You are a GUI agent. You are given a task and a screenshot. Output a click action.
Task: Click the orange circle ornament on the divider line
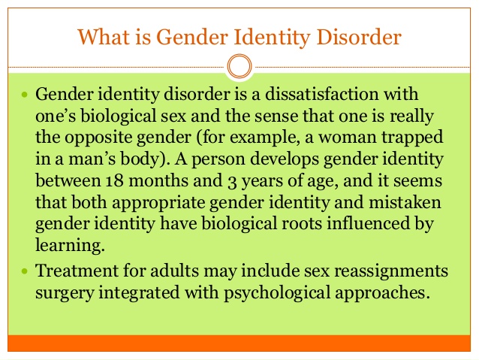pyautogui.click(x=239, y=66)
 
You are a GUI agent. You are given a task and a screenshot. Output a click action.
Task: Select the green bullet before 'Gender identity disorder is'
pyautogui.click(x=25, y=94)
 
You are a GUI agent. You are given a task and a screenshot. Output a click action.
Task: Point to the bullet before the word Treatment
pyautogui.click(x=25, y=271)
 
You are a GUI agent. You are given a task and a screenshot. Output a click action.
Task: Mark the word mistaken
pyautogui.click(x=405, y=202)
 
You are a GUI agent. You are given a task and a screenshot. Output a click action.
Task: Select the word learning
pyautogui.click(x=70, y=246)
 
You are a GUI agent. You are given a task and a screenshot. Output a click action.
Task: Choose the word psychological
pyautogui.click(x=277, y=293)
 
